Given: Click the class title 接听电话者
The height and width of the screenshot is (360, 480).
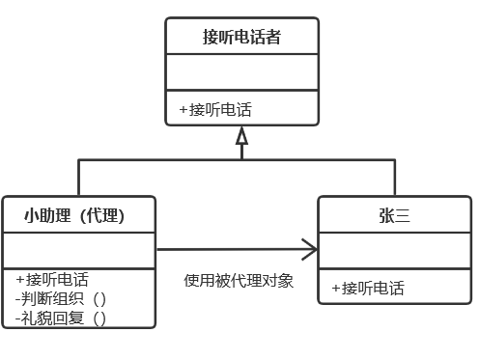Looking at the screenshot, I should (x=241, y=38).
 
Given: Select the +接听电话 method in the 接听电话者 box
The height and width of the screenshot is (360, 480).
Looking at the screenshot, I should (x=216, y=109).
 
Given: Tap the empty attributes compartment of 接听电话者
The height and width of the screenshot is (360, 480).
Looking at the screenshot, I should (x=241, y=73).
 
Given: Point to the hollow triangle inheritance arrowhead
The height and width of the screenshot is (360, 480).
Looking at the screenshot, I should (x=241, y=136).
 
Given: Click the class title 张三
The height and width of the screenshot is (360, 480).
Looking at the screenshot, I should (x=394, y=215).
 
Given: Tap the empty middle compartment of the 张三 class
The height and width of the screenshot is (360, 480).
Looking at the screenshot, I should (x=394, y=251).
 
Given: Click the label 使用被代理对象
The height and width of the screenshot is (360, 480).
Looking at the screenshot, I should (x=239, y=281).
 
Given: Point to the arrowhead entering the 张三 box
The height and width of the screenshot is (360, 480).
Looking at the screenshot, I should (x=310, y=251).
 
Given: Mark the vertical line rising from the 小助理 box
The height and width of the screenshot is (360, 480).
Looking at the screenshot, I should (x=78, y=178).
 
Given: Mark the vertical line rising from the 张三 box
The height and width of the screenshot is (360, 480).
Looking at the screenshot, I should (x=394, y=178).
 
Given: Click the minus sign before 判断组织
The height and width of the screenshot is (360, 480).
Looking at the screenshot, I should (x=18, y=298).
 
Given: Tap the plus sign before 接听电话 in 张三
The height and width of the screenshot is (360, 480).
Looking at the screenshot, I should (x=335, y=288).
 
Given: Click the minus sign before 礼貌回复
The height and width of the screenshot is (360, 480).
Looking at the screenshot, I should (x=18, y=317).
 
